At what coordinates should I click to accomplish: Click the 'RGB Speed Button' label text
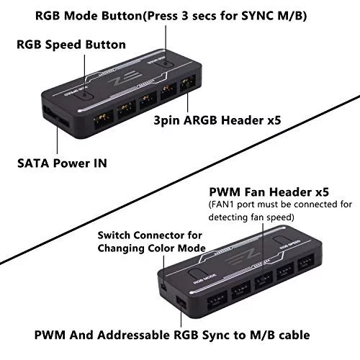pyautogui.click(x=71, y=45)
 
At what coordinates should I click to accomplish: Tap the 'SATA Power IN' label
pyautogui.click(x=62, y=163)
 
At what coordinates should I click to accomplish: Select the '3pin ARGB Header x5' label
pyautogui.click(x=217, y=120)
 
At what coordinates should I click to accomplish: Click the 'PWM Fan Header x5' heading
pyautogui.click(x=269, y=192)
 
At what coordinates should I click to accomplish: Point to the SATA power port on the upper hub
pyautogui.click(x=56, y=117)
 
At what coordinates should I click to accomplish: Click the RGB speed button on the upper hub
pyautogui.click(x=84, y=94)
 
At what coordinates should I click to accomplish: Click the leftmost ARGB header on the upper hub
pyautogui.click(x=103, y=120)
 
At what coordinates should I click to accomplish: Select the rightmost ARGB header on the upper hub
pyautogui.click(x=188, y=84)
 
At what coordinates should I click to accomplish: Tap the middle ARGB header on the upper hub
pyautogui.click(x=148, y=101)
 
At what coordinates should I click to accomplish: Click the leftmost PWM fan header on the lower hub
pyautogui.click(x=217, y=300)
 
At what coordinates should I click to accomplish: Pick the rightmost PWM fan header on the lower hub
pyautogui.click(x=306, y=262)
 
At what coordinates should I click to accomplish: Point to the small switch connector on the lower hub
pyautogui.click(x=163, y=287)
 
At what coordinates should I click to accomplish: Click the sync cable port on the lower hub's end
pyautogui.click(x=181, y=302)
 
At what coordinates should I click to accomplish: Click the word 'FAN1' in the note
pyautogui.click(x=222, y=204)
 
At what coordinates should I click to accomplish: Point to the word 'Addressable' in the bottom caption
pyautogui.click(x=133, y=335)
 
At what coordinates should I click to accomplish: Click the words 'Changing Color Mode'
pyautogui.click(x=152, y=248)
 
